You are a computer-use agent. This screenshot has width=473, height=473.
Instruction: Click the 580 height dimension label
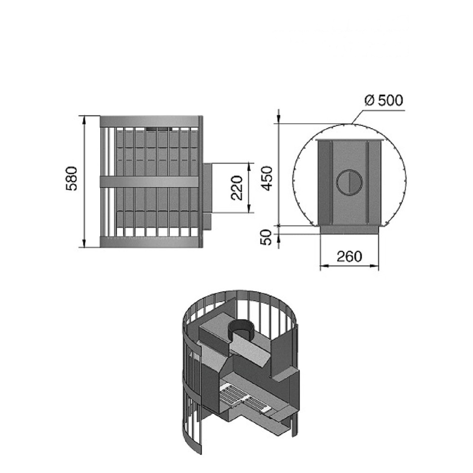(72, 179)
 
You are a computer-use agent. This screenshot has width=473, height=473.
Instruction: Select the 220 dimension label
(237, 188)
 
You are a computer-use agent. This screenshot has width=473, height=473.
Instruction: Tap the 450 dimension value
(267, 178)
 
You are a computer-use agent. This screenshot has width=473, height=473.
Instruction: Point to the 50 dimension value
(267, 237)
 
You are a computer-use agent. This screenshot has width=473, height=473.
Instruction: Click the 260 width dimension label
(349, 257)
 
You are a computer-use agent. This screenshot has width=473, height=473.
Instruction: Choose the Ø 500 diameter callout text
(384, 100)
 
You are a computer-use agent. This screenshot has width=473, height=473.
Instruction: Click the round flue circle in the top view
(350, 183)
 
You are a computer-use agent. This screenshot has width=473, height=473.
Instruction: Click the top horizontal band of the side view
(149, 121)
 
